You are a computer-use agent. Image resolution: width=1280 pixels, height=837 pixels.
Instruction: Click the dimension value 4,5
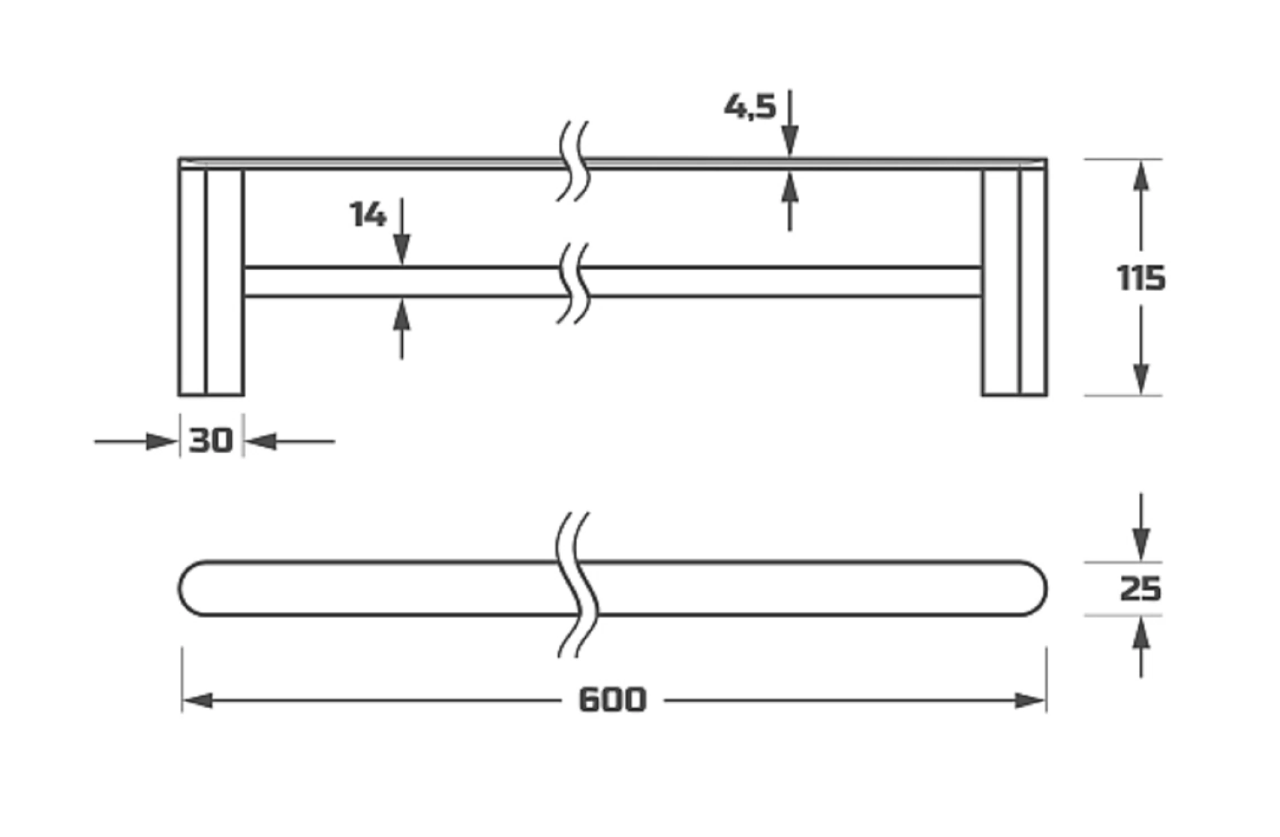point(750,107)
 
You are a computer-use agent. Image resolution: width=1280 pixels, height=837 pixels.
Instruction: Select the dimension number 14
point(367,214)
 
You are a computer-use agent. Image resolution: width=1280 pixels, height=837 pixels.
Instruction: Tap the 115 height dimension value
point(1141,278)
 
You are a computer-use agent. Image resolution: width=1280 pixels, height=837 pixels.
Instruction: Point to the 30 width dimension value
point(211,441)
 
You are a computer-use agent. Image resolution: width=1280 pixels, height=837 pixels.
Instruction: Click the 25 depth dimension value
point(1140,589)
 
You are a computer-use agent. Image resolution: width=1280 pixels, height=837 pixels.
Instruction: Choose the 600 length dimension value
point(613,700)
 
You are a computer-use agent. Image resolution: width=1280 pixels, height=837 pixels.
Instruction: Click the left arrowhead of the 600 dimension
point(198,700)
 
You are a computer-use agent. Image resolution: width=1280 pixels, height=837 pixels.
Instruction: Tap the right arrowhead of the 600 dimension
point(1030,700)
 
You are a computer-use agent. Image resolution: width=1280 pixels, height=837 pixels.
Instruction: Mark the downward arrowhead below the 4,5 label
point(790,141)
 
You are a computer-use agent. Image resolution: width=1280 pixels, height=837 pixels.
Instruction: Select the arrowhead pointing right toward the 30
point(162,441)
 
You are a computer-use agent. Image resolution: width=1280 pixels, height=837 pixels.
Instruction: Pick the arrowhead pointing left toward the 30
point(261,441)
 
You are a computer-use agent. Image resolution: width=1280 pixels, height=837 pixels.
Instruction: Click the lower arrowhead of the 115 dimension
point(1141,379)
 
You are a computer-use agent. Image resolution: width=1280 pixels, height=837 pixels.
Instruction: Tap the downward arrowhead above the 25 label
point(1141,545)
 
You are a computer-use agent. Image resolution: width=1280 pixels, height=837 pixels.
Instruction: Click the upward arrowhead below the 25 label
point(1141,633)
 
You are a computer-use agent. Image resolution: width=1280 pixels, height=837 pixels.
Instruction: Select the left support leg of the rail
point(211,282)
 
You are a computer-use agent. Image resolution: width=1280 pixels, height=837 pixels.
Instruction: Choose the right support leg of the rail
point(1014,282)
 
